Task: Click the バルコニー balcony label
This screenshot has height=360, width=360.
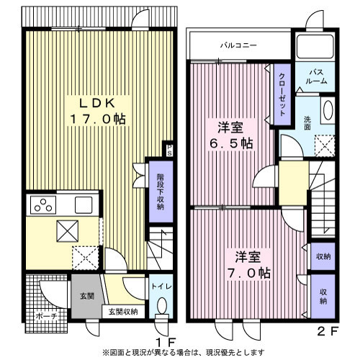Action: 238,45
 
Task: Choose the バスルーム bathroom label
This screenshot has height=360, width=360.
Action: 315,76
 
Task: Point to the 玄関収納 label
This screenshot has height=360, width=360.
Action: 125,311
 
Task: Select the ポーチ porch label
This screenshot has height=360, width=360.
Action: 43,315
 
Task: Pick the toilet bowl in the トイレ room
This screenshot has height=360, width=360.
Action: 160,308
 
